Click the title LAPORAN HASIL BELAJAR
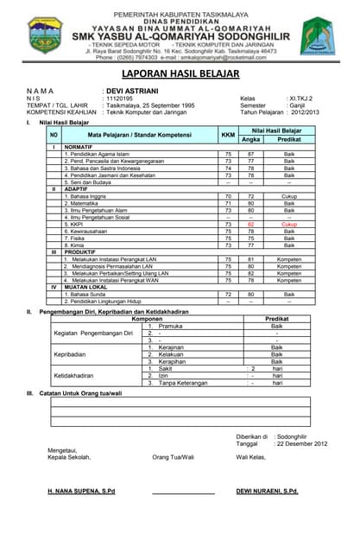[180, 75]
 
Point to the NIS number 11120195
[120, 99]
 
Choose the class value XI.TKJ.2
[300, 99]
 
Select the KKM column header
[228, 135]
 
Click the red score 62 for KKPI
[251, 224]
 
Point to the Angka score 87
[251, 153]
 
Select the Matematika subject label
[86, 203]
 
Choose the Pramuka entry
[171, 326]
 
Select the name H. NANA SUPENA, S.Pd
[81, 491]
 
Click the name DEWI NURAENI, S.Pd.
[268, 491]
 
